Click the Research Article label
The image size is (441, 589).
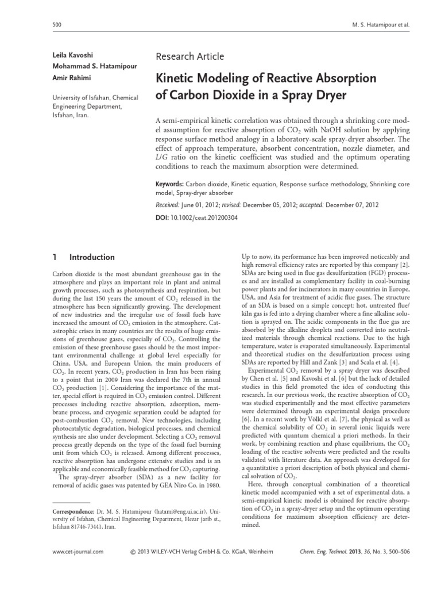[189, 56]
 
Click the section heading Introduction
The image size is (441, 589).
[92, 257]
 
